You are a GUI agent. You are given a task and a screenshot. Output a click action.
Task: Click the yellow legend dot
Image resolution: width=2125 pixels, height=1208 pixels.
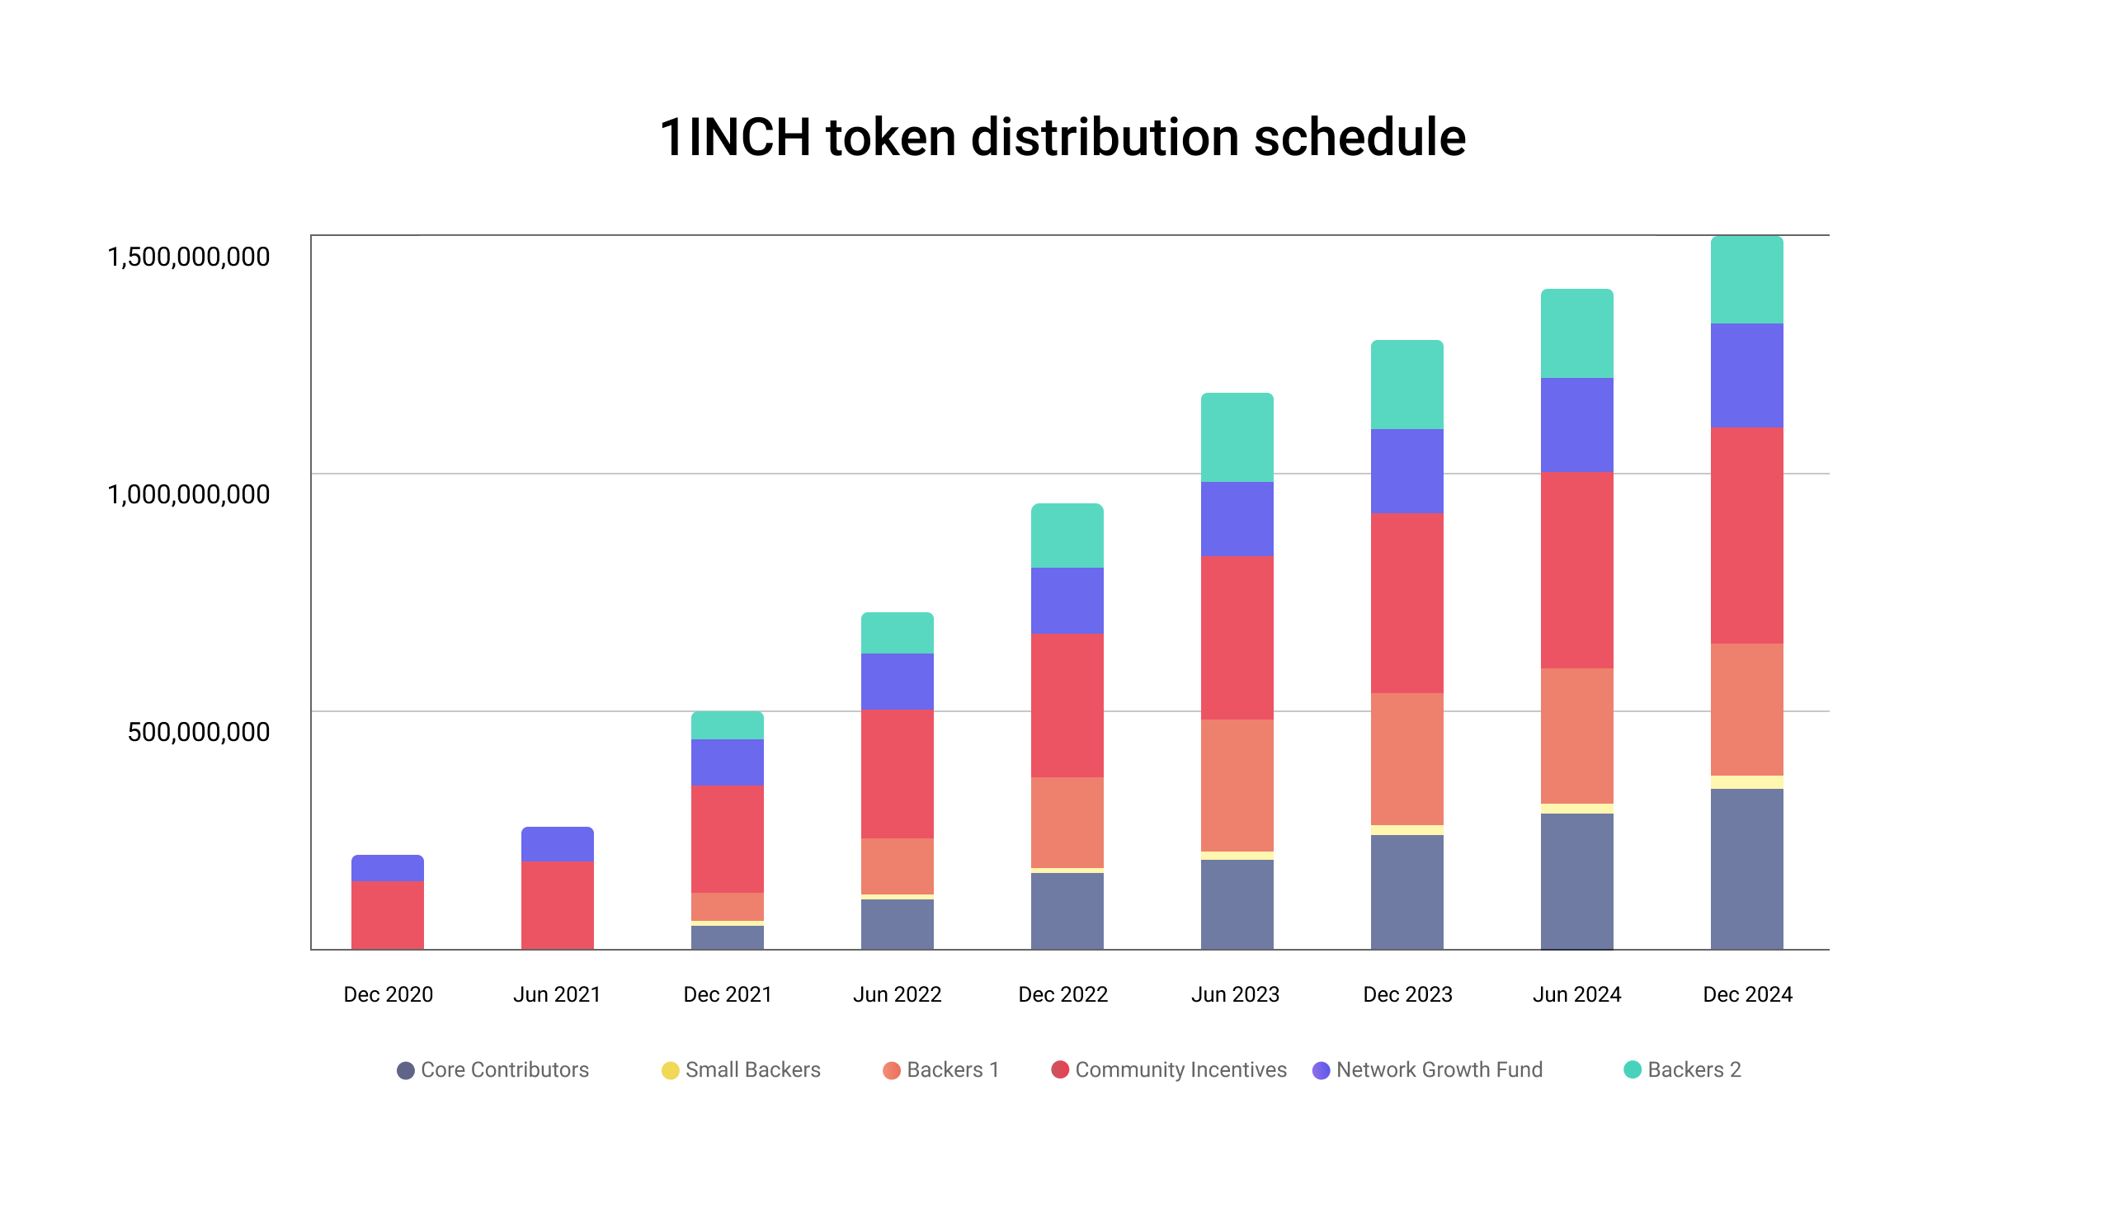point(670,1070)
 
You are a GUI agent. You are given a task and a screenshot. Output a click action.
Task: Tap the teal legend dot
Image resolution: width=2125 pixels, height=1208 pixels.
point(1633,1069)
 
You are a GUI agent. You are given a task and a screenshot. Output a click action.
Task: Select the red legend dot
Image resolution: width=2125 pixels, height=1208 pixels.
point(1060,1069)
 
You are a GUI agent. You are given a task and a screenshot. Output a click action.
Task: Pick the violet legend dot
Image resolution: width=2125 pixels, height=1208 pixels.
point(1321,1070)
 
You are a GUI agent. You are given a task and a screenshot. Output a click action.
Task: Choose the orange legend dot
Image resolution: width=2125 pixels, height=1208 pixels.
point(892,1070)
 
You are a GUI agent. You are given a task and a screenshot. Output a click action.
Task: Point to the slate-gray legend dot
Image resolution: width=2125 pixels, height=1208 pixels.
point(406,1070)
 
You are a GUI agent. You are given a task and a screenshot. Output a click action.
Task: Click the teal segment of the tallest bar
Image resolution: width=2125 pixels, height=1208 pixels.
point(1747,281)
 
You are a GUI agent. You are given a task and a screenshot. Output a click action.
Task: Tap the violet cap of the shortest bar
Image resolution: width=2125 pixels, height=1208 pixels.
point(388,869)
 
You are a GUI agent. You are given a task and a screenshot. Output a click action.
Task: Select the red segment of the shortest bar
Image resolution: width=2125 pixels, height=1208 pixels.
point(388,915)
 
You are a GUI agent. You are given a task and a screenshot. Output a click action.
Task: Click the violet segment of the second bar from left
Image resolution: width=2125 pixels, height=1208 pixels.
point(558,845)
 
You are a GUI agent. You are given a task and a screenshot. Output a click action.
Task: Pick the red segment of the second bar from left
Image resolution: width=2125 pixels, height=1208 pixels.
point(558,905)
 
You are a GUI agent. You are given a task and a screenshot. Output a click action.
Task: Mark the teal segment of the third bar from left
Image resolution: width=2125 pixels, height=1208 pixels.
point(728,726)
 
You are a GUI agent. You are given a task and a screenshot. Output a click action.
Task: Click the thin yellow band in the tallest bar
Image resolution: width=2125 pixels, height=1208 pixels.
point(1747,782)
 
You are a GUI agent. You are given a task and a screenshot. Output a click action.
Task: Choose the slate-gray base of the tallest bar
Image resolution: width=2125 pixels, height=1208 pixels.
point(1747,869)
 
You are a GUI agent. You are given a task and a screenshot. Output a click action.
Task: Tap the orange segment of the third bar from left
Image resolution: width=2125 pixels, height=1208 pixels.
point(728,907)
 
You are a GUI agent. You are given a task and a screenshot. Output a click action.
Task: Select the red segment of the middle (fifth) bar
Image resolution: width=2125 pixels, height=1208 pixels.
point(1067,705)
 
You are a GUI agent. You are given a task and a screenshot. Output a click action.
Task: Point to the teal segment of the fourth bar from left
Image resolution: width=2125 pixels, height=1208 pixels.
point(898,634)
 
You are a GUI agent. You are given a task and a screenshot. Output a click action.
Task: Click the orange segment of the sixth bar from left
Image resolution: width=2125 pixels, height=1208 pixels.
point(1237,786)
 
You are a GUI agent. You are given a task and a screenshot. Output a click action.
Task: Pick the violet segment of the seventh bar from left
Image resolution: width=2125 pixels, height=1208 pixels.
point(1407,471)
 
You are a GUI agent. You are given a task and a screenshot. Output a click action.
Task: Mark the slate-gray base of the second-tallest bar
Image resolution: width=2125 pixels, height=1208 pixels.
point(1577,881)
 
